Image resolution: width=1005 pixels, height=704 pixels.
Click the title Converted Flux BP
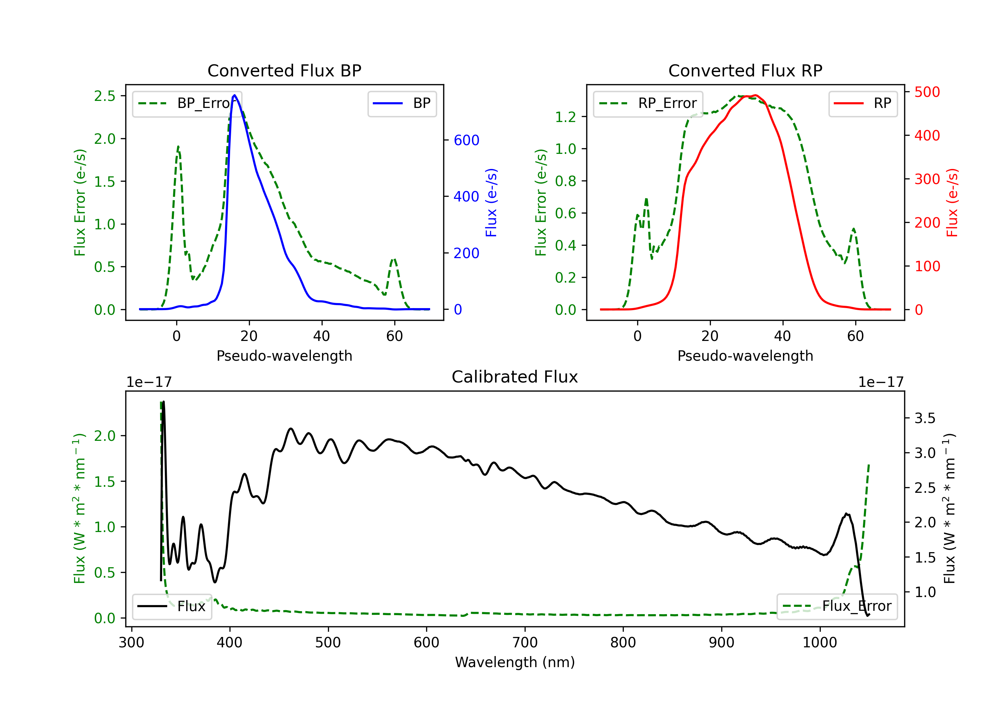click(x=284, y=70)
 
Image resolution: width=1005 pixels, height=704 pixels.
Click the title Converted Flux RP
click(x=745, y=70)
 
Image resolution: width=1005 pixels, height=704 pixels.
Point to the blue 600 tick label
click(x=466, y=140)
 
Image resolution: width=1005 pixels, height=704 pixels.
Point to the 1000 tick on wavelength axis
click(x=819, y=643)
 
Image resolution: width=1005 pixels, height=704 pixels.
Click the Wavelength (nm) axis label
click(x=515, y=662)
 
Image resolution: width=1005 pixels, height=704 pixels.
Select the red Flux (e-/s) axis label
click(x=952, y=203)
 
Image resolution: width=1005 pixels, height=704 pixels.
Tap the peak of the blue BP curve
click(x=234, y=95)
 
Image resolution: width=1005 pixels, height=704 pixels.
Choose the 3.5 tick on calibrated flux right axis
click(x=925, y=418)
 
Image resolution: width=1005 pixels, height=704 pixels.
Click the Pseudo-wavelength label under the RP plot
click(x=745, y=356)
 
